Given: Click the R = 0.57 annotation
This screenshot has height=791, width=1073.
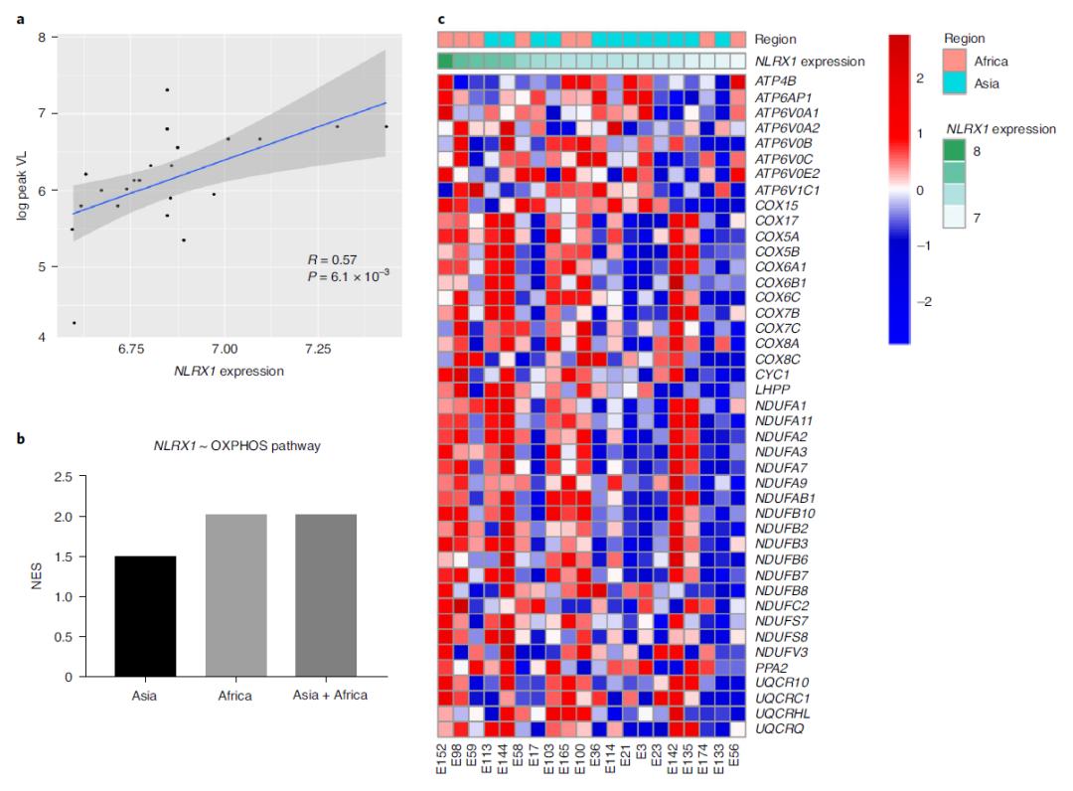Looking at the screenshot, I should pos(334,259).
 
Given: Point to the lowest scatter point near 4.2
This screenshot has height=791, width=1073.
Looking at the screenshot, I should pos(75,323).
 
